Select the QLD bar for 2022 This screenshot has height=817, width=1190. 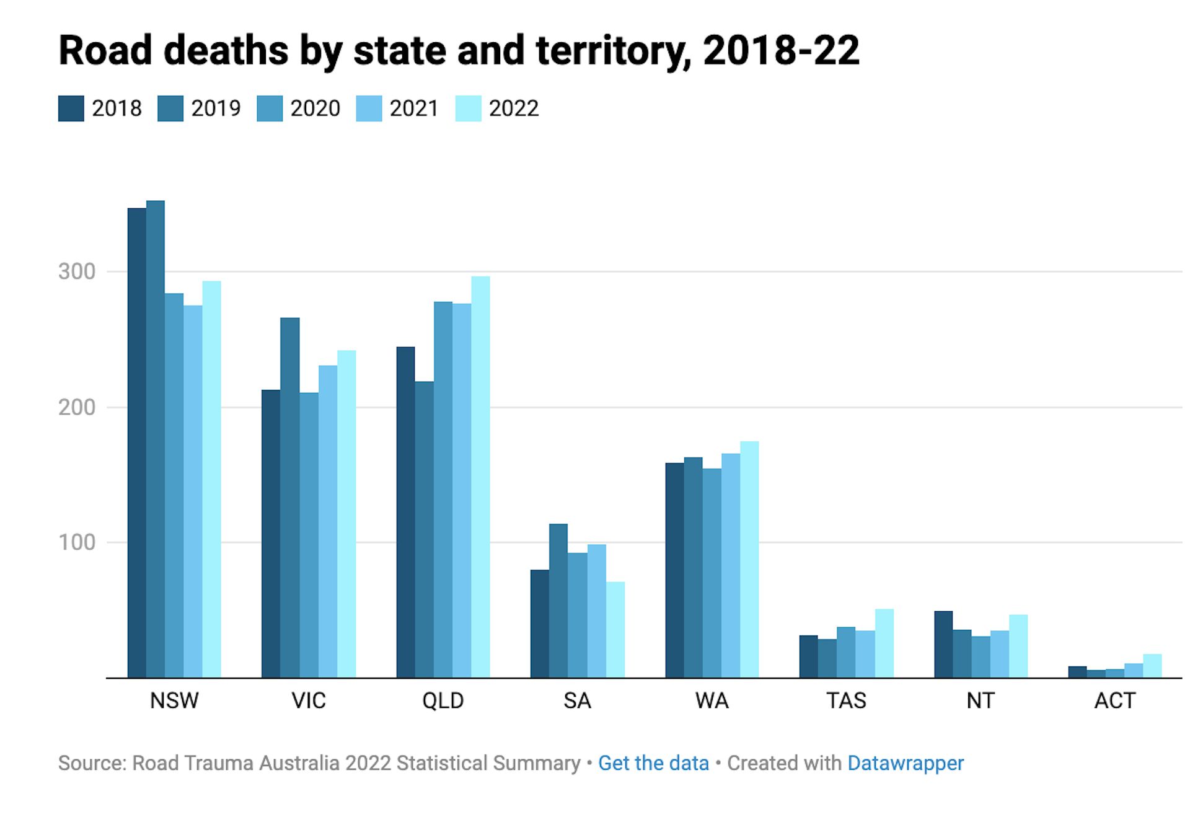tap(480, 477)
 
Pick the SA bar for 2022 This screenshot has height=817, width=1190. tap(615, 629)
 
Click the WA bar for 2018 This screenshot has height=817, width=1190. tap(674, 570)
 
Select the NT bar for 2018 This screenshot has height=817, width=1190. tap(943, 644)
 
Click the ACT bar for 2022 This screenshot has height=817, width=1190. tap(1152, 666)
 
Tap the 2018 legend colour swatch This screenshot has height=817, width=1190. tap(71, 108)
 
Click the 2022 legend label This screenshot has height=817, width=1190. tap(513, 108)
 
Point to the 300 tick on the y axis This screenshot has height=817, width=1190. tap(77, 272)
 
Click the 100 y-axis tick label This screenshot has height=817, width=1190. tap(77, 542)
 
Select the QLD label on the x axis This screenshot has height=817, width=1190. tap(443, 701)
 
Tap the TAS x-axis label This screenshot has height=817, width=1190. tap(846, 701)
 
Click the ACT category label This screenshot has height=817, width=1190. tap(1114, 701)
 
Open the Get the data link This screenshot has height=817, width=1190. tap(653, 763)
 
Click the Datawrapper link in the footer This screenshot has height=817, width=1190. tap(906, 763)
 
